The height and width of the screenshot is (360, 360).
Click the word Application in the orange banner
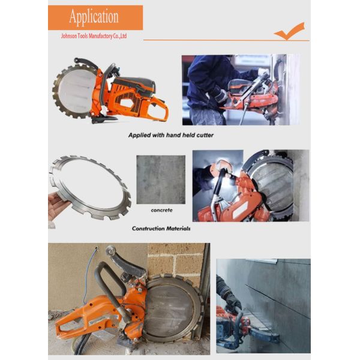[94, 17]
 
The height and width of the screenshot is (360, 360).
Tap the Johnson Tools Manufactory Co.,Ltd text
[94, 36]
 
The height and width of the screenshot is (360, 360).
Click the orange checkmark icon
[290, 31]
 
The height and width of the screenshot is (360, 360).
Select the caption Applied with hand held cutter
[171, 135]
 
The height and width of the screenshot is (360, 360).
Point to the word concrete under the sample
[161, 210]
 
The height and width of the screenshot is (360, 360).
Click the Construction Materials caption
[161, 229]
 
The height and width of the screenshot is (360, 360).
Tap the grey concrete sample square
[161, 179]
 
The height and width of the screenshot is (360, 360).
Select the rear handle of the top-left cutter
[158, 110]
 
